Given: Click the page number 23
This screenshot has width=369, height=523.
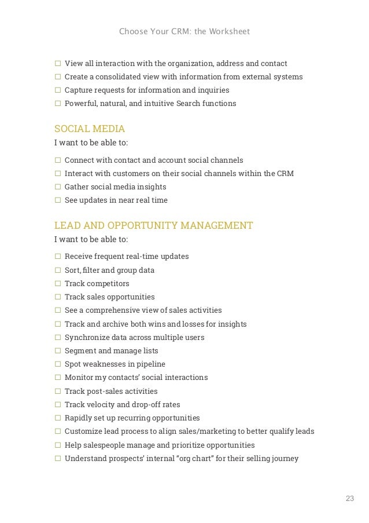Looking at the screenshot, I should pyautogui.click(x=349, y=499).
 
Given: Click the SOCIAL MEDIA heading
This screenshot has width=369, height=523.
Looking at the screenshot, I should pyautogui.click(x=90, y=129).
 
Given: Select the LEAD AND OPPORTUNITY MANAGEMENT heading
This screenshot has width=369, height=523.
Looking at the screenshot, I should pyautogui.click(x=153, y=225).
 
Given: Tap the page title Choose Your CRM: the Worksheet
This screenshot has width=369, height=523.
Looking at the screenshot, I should pyautogui.click(x=184, y=31).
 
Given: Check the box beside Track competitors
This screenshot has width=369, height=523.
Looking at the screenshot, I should pyautogui.click(x=57, y=284).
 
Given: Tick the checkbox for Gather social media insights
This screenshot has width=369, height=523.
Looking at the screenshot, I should pyautogui.click(x=57, y=187).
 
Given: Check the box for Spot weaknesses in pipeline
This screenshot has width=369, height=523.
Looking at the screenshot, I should pyautogui.click(x=57, y=364).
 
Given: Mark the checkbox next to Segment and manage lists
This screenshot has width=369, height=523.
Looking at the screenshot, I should pyautogui.click(x=57, y=351).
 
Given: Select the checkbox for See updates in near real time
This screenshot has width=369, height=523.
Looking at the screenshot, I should pyautogui.click(x=57, y=200).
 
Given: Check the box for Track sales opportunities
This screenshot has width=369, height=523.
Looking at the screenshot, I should pyautogui.click(x=57, y=297).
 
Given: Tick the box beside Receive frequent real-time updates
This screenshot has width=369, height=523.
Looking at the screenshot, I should pyautogui.click(x=57, y=257).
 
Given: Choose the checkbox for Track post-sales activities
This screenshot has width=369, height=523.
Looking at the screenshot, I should pyautogui.click(x=57, y=392).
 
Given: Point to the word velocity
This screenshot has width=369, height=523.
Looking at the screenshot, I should pyautogui.click(x=104, y=405).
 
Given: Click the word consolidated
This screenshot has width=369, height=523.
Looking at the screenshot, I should pyautogui.click(x=118, y=77).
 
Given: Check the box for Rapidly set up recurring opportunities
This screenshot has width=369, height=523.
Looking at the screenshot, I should pyautogui.click(x=57, y=418).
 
